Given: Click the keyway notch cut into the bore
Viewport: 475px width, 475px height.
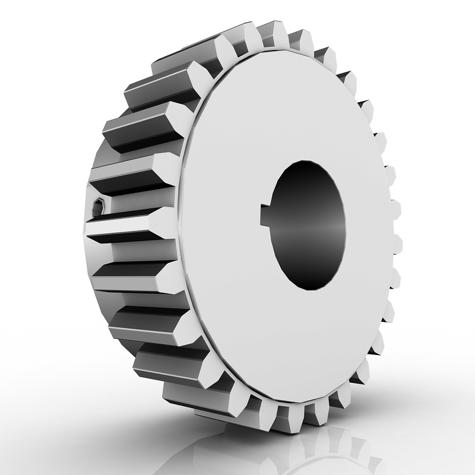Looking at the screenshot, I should pos(267,215).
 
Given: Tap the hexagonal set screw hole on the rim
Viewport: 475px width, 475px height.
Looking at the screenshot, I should pos(99,207).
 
